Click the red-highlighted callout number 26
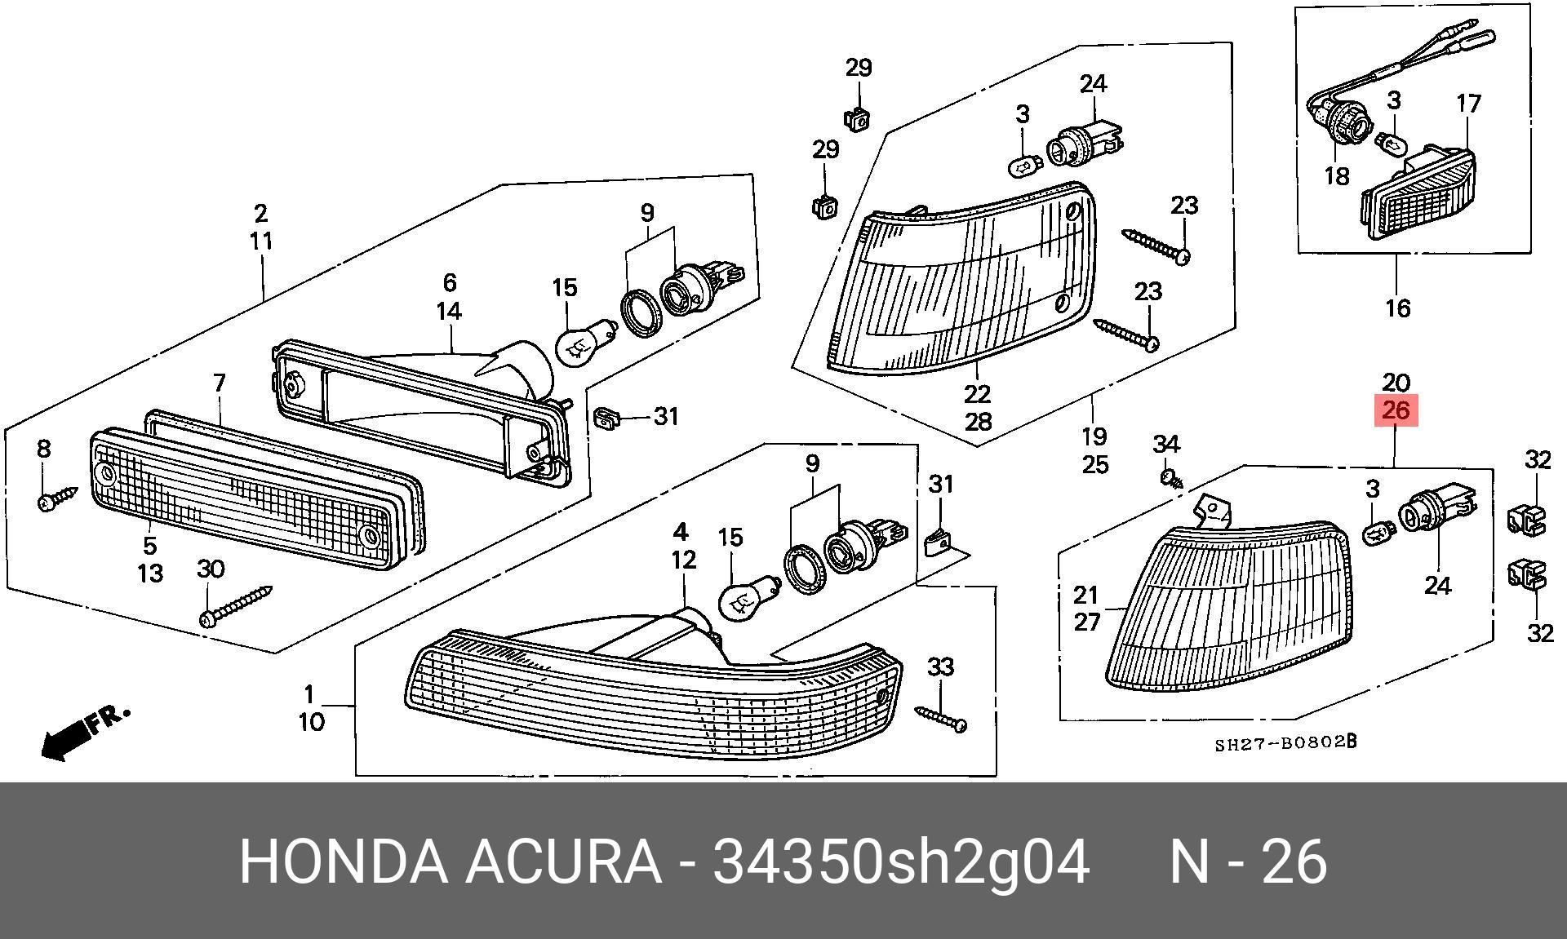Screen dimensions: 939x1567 point(1396,410)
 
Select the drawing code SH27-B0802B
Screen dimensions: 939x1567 point(1285,743)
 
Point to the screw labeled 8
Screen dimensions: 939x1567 point(57,498)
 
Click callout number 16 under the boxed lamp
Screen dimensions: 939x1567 point(1398,308)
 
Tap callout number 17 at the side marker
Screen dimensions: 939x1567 point(1468,104)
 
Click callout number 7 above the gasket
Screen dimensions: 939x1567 point(219,383)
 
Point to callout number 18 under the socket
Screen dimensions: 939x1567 point(1336,175)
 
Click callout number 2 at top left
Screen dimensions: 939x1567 point(260,214)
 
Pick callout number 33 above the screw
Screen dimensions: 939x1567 point(940,667)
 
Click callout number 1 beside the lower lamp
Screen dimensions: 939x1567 point(309,694)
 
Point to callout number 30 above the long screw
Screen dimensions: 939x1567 point(211,569)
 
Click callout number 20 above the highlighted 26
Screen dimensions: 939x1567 point(1396,382)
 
